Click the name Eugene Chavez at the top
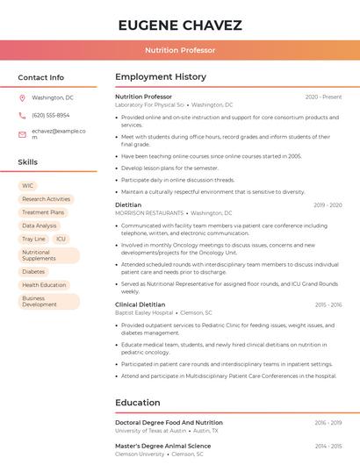180,25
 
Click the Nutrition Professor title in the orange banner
180,50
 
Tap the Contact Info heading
41,77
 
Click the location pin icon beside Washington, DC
22,97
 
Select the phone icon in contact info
22,115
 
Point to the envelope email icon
22,134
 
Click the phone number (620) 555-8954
50,115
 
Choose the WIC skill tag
28,186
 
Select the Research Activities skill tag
46,199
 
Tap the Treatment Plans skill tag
43,212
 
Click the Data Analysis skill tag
40,225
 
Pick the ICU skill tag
61,239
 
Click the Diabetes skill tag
33,272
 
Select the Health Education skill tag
44,285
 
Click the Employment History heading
161,77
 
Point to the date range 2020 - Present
323,97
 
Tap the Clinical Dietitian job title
140,304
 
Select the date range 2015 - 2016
328,304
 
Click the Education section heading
138,403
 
